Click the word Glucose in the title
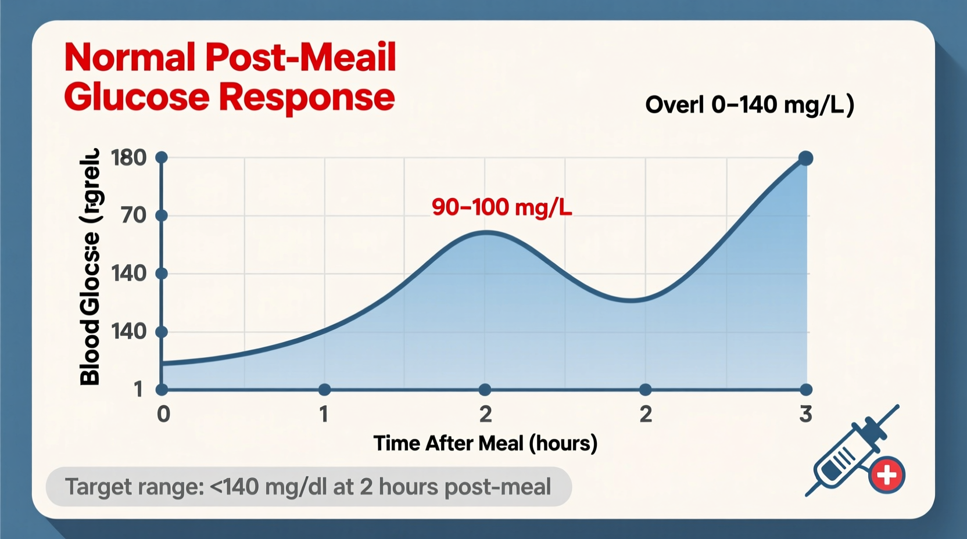point(137,97)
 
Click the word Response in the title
point(307,97)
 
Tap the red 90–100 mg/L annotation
point(502,207)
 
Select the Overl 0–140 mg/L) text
point(750,105)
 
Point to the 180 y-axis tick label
point(128,157)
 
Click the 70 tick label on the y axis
point(134,215)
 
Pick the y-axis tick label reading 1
point(138,389)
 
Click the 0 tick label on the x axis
point(163,414)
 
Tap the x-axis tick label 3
point(805,414)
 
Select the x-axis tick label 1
point(324,414)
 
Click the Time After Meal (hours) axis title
point(485,443)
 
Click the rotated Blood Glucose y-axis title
point(90,267)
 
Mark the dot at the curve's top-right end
point(805,158)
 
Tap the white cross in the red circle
point(887,475)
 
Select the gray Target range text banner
point(309,487)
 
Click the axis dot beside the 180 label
point(162,157)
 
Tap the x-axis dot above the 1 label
point(324,389)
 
